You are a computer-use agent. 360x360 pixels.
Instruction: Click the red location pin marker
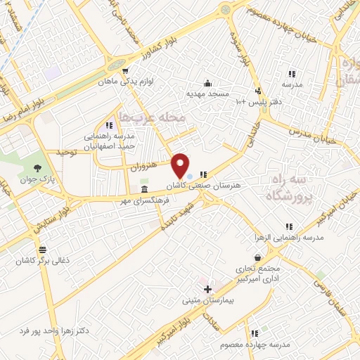click(x=180, y=166)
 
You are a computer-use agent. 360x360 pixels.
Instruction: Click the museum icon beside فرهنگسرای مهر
click(x=144, y=191)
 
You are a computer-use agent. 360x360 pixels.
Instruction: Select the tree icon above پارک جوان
click(x=37, y=169)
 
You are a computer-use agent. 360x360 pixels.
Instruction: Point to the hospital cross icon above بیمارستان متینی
click(x=207, y=289)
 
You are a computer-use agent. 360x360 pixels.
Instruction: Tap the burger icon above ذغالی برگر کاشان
click(x=44, y=250)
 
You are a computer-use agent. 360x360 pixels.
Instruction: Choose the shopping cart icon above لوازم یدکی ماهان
click(x=125, y=71)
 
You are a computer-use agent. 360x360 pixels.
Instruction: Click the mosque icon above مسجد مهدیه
click(x=207, y=82)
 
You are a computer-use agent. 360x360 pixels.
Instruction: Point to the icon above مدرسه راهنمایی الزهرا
click(x=288, y=227)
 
